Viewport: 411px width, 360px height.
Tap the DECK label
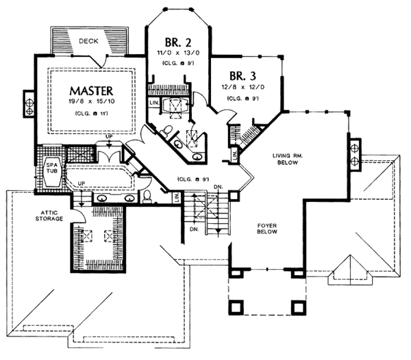(x=88, y=41)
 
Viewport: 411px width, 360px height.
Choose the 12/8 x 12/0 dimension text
(x=244, y=87)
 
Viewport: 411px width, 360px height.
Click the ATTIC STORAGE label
(x=50, y=216)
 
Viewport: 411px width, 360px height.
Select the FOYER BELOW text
(x=264, y=229)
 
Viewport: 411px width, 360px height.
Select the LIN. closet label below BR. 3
(x=234, y=157)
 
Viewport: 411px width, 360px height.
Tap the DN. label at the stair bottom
(x=195, y=231)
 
